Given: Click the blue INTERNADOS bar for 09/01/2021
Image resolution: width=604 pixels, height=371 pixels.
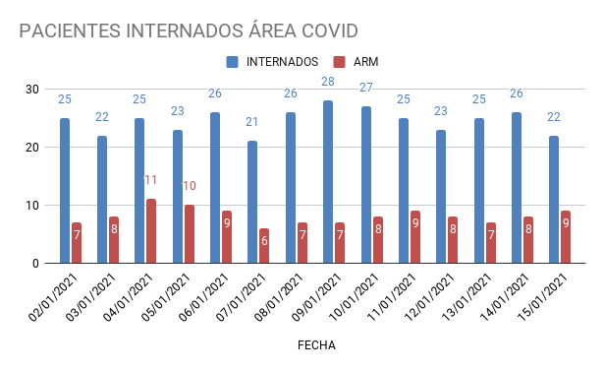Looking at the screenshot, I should [x=328, y=182].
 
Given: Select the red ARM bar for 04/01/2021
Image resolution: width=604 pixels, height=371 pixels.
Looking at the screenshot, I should [x=151, y=231].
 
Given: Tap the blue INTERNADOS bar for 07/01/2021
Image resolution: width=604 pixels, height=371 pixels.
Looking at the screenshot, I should [x=252, y=202].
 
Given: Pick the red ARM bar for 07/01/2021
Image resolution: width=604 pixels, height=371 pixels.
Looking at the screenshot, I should [x=264, y=246].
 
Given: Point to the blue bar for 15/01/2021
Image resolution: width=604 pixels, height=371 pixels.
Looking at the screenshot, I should [x=554, y=199].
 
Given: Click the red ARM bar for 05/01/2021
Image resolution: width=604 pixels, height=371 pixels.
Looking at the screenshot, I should [x=189, y=234].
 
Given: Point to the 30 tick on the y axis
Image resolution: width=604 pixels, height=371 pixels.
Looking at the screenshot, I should [x=32, y=90].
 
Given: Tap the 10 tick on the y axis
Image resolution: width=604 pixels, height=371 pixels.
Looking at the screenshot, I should [x=32, y=206].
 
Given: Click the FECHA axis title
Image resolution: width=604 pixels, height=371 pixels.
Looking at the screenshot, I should [x=316, y=345].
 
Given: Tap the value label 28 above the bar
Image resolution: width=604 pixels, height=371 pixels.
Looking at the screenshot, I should [x=328, y=82].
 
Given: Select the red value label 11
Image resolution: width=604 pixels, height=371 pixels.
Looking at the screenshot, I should [x=151, y=180].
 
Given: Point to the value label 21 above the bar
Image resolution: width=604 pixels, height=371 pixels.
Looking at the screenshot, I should [x=252, y=122].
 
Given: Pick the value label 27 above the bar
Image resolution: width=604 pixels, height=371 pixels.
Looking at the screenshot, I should [x=365, y=88].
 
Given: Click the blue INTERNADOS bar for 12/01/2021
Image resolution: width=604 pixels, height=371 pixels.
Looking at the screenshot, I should [x=441, y=197].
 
